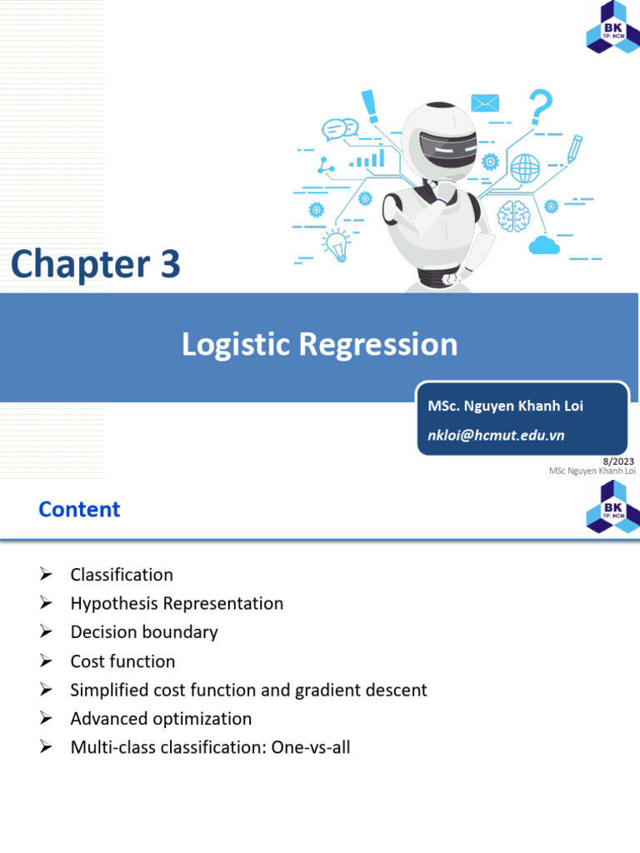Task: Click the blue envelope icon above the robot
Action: pyautogui.click(x=484, y=102)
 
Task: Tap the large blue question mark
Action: pyautogui.click(x=540, y=109)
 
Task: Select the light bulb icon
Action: pyautogui.click(x=336, y=244)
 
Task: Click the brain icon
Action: pyautogui.click(x=513, y=215)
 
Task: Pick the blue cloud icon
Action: pyautogui.click(x=542, y=244)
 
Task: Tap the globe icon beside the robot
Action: pyautogui.click(x=525, y=169)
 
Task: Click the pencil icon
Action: pyautogui.click(x=574, y=148)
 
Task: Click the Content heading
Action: pyautogui.click(x=79, y=509)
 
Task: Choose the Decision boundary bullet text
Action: pyautogui.click(x=144, y=632)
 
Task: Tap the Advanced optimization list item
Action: pyautogui.click(x=161, y=718)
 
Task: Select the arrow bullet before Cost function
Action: pyautogui.click(x=46, y=661)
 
